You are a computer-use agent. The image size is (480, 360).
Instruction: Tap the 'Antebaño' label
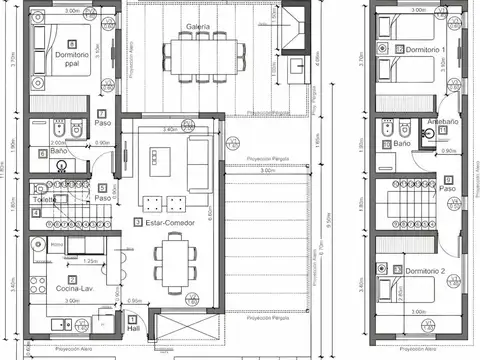pos(442,122)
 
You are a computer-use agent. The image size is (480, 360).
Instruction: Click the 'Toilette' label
pos(46,199)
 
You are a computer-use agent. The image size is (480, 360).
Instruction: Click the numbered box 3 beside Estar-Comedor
pos(137,221)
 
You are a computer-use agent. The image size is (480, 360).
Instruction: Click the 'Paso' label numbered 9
pos(447,188)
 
